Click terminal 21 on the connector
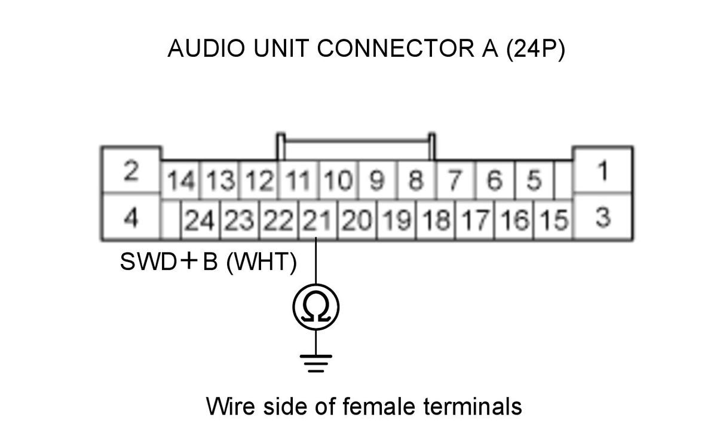click(x=317, y=220)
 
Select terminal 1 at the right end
click(x=603, y=170)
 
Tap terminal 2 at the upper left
click(x=131, y=170)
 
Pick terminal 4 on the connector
click(x=131, y=217)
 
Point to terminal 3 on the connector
click(x=603, y=217)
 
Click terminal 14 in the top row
click(x=181, y=180)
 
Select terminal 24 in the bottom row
click(x=200, y=220)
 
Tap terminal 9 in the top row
click(x=378, y=180)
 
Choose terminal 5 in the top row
click(x=534, y=180)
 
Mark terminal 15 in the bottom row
click(x=554, y=220)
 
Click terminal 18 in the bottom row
click(x=436, y=220)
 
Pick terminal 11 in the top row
click(x=298, y=180)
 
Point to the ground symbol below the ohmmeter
click(x=316, y=363)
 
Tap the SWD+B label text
click(x=168, y=261)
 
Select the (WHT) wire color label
click(x=262, y=262)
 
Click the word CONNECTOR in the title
click(x=396, y=48)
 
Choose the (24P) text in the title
click(x=535, y=49)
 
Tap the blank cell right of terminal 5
click(x=563, y=180)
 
